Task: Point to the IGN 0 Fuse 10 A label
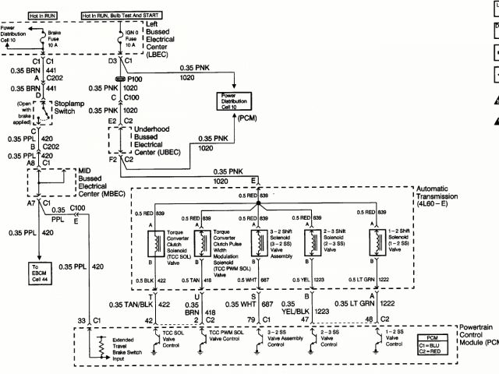[x=128, y=40]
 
